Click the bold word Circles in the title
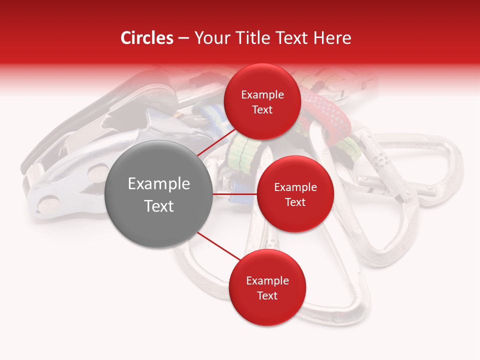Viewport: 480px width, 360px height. click(x=146, y=38)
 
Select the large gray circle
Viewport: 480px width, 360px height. click(x=158, y=194)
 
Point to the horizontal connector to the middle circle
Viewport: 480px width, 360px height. click(x=235, y=193)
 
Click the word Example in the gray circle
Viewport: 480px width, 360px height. click(x=158, y=183)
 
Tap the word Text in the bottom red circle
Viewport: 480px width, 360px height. click(x=267, y=295)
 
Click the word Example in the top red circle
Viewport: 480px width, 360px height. click(x=262, y=94)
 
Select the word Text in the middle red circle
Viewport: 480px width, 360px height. click(x=295, y=202)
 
